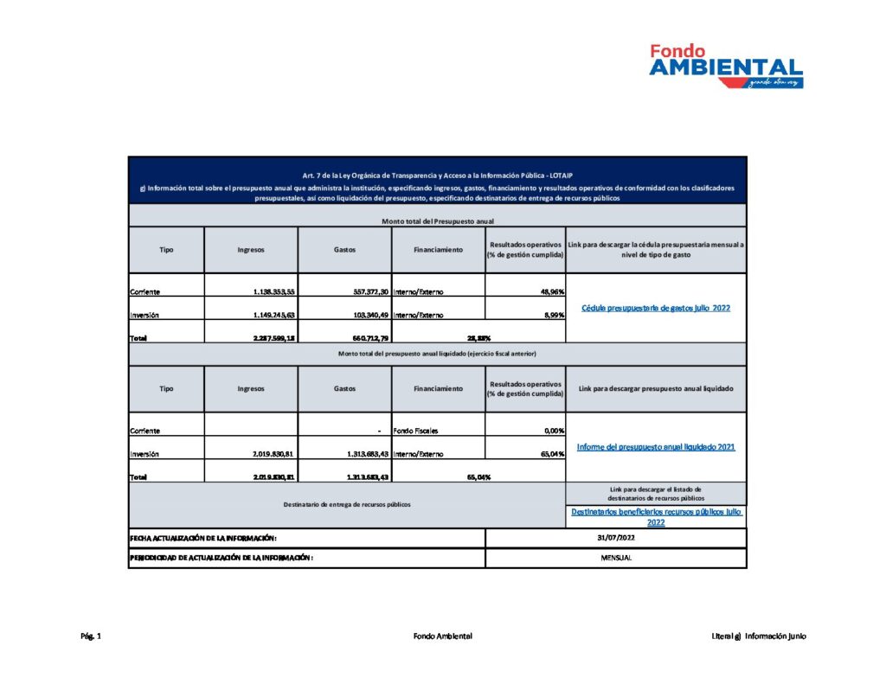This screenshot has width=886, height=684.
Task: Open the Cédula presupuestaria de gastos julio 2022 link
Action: click(x=655, y=308)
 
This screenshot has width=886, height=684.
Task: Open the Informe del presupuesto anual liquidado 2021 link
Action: click(x=655, y=447)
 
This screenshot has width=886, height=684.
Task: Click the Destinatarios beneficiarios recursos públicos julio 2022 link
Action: click(x=655, y=517)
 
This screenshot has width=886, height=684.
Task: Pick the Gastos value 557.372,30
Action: click(x=361, y=292)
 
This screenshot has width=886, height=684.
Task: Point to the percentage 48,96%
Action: click(x=551, y=292)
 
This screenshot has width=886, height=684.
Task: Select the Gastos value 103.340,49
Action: click(x=361, y=315)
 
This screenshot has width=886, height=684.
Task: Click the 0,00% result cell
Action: click(x=551, y=431)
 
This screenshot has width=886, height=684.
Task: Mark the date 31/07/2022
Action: click(x=615, y=538)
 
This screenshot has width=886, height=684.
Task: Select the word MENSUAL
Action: click(x=615, y=558)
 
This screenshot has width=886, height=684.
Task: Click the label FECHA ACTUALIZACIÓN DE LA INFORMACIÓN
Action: click(x=203, y=538)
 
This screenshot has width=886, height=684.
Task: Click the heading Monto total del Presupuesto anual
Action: click(x=437, y=221)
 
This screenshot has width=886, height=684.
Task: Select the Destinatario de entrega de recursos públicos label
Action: click(x=346, y=504)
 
